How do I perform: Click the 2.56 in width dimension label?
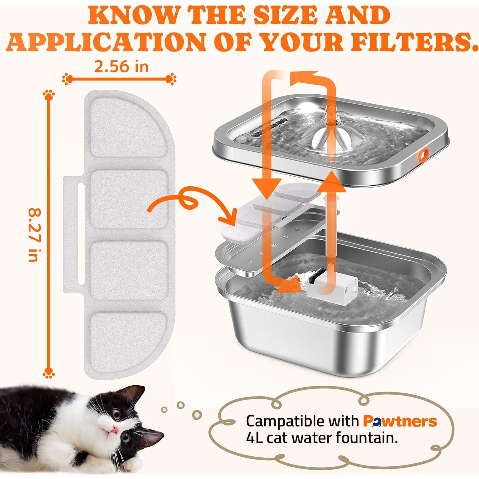pos(121,67)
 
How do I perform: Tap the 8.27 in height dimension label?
pos(34,235)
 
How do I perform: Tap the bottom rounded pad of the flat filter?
pos(129,336)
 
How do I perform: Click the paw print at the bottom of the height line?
pos(49,373)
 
